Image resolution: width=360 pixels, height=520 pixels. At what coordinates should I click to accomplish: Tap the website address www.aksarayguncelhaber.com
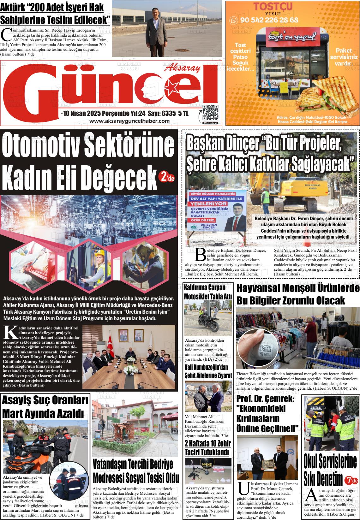tap(129, 121)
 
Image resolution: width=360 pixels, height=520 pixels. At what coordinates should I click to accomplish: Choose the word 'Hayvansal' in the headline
tap(259, 288)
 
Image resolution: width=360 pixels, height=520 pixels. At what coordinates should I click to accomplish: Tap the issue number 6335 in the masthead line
tap(168, 114)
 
